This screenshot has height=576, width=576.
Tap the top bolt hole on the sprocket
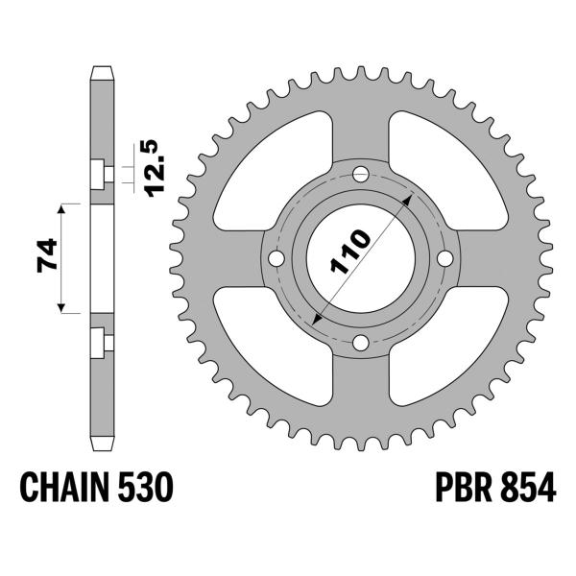click(361, 174)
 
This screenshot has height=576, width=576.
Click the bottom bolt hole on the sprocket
click(361, 343)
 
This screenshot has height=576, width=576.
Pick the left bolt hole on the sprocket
click(276, 259)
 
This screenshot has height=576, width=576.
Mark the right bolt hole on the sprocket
click(445, 259)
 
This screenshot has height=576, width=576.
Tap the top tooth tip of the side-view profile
click(100, 69)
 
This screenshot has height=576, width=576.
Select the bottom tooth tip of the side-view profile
click(100, 448)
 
